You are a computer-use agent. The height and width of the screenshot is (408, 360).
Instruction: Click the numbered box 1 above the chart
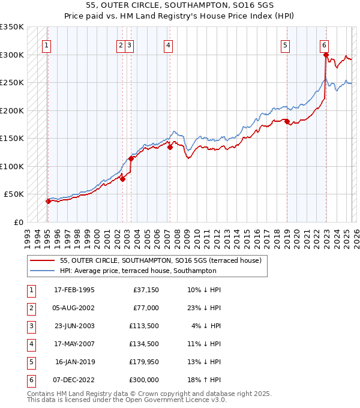(46, 45)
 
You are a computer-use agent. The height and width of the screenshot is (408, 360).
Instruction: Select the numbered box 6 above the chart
(324, 45)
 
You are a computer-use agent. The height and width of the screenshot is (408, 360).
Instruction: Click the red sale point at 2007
(170, 147)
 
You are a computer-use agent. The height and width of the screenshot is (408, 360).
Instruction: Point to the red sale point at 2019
(287, 121)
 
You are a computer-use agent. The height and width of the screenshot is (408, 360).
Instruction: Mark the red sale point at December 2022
(326, 55)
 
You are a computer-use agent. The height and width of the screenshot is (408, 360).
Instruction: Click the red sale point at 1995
(48, 201)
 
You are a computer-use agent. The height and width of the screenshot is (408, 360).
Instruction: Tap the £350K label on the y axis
(12, 27)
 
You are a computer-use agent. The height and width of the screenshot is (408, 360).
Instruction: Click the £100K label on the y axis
(12, 166)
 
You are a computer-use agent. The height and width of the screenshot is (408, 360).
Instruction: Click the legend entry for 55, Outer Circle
(160, 261)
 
